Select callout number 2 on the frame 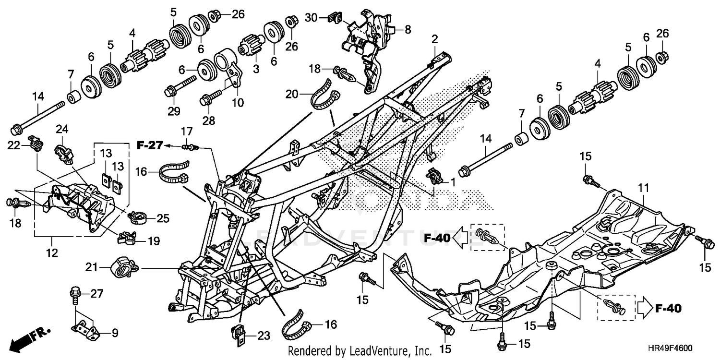(x=434, y=39)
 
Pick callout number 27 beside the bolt (x=96, y=293)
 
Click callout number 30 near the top (x=312, y=18)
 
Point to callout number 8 (x=408, y=29)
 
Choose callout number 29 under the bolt (x=174, y=111)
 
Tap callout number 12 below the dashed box (x=51, y=252)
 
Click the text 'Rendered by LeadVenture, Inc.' (x=360, y=351)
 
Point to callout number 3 (x=256, y=70)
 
